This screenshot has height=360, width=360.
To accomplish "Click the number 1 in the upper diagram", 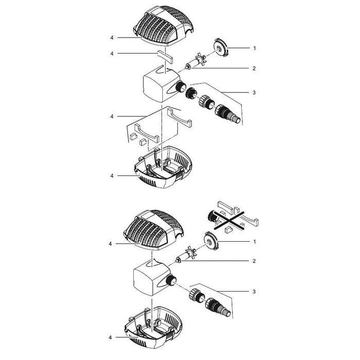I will (254, 48).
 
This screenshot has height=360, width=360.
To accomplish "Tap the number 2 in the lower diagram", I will (254, 261).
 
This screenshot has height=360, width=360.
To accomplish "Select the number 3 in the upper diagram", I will (254, 93).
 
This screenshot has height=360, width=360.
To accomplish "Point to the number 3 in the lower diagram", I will (254, 291).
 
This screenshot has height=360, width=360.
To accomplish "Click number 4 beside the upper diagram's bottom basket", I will (111, 176).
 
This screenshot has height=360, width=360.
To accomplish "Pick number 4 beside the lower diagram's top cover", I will (111, 243).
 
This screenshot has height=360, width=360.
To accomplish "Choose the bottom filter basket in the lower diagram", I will (154, 327).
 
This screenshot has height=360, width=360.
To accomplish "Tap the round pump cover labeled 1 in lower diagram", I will (211, 241).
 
